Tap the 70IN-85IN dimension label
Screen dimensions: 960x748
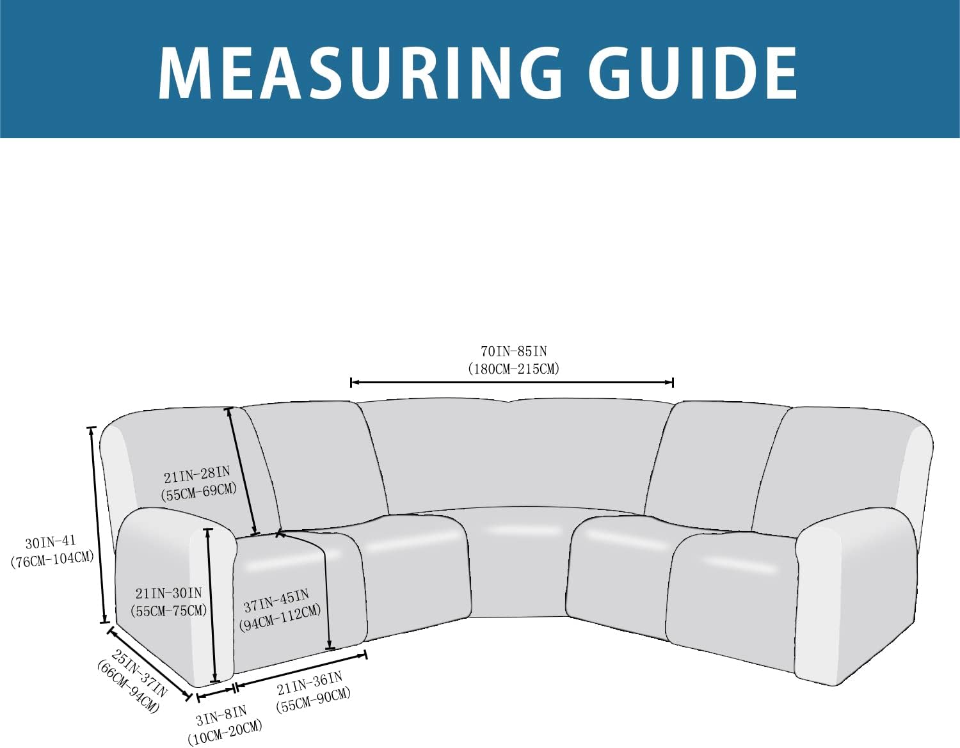[x=514, y=351]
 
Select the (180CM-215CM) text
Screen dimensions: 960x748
[x=514, y=369]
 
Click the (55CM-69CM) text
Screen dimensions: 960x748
[x=199, y=491]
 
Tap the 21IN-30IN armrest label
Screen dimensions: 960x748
[x=168, y=593]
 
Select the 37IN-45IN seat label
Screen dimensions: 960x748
[x=276, y=601]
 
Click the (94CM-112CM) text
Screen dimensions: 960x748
[x=280, y=618]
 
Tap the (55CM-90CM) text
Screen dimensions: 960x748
[x=313, y=702]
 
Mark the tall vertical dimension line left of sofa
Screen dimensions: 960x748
[x=98, y=525]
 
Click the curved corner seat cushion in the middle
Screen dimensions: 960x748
[x=520, y=561]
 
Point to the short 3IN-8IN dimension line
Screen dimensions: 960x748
[x=215, y=694]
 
